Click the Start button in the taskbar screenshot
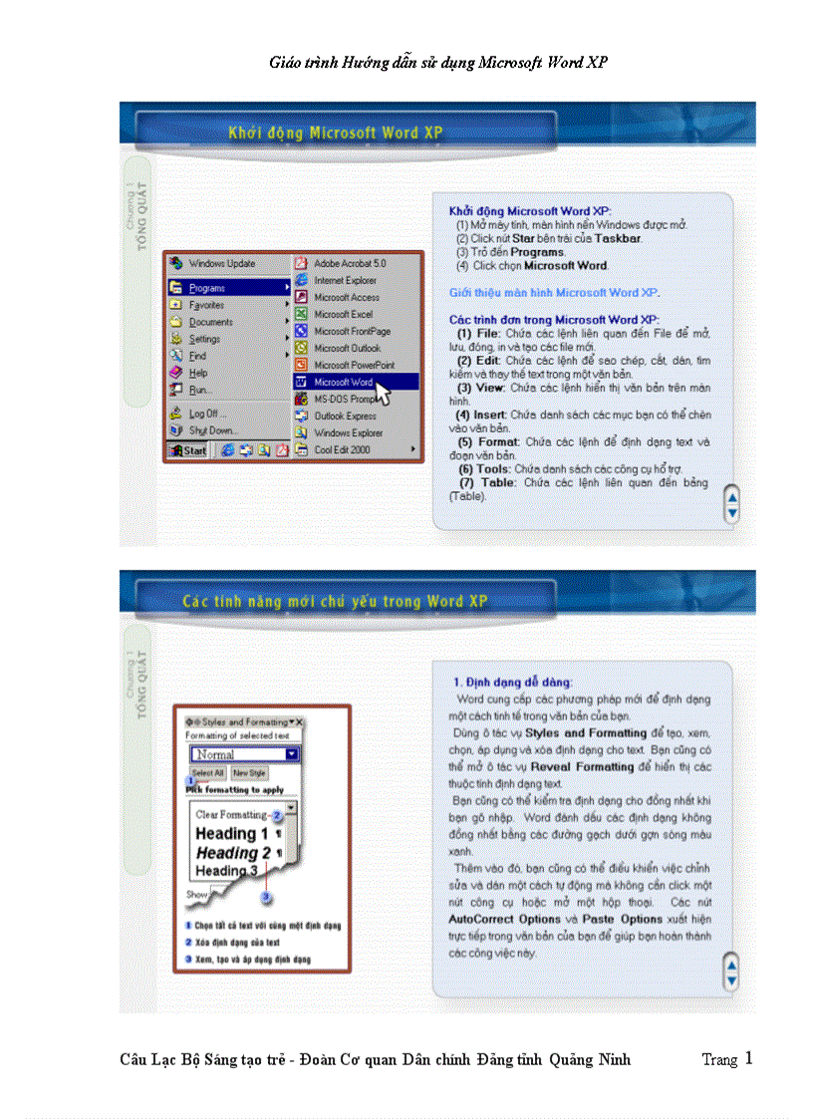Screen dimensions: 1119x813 pos(188,450)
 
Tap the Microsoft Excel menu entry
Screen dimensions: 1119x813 pos(343,314)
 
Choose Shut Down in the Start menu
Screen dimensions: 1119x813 pos(210,430)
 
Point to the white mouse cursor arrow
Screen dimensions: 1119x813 pos(383,392)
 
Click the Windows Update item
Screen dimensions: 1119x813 pos(221,263)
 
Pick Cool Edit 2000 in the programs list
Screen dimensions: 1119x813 pos(342,449)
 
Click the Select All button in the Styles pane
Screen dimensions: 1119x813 pos(207,772)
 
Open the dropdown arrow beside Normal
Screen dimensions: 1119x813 pos(291,754)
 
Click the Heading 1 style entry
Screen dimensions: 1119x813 pos(231,833)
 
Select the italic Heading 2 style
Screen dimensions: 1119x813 pos(233,853)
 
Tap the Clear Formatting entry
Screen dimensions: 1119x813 pos(231,814)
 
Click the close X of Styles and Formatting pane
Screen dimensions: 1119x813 pos(298,721)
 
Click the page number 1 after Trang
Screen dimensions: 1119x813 pos(748,1058)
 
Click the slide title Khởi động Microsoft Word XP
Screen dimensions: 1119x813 pos(335,132)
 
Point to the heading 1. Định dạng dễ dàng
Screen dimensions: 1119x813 pos(512,682)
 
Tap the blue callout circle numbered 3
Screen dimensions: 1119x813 pos(266,897)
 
